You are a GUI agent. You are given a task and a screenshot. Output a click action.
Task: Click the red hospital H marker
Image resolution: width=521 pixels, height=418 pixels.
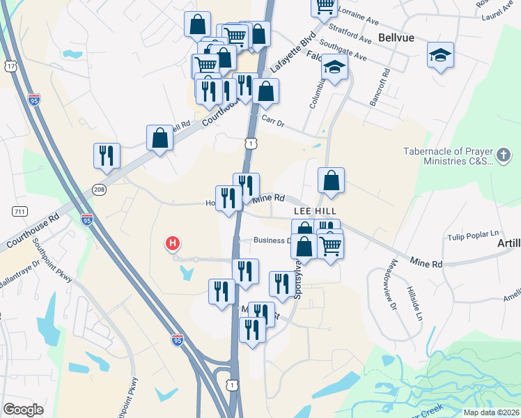click(x=172, y=244)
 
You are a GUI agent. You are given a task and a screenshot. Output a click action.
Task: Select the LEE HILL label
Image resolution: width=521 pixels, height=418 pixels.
click(x=315, y=210)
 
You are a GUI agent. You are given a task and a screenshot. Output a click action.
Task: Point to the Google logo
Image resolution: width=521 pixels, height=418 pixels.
click(x=23, y=410)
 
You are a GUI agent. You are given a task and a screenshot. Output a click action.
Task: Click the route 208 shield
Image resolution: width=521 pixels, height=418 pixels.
click(x=99, y=189)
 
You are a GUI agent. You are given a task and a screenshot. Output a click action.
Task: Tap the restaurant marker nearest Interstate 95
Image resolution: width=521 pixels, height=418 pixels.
click(x=107, y=156)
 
